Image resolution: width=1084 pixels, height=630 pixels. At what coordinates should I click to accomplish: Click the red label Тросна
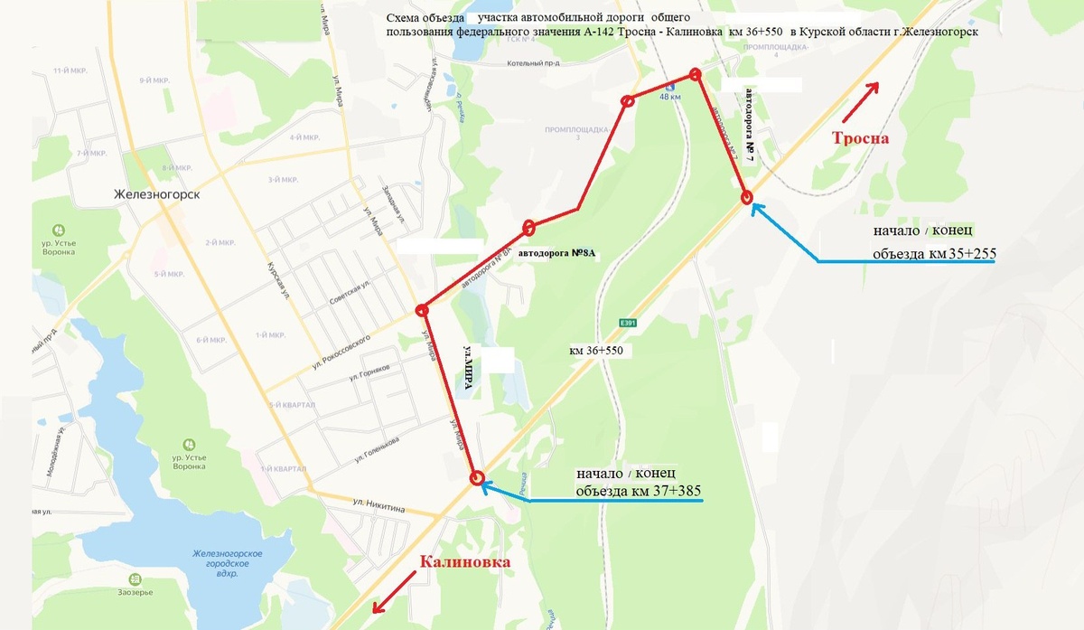tap(861, 138)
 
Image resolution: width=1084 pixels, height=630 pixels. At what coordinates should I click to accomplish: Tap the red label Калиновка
tap(464, 562)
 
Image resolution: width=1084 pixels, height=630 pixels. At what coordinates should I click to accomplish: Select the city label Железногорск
tap(156, 194)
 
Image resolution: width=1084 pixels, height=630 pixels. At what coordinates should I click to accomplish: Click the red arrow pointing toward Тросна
tap(860, 101)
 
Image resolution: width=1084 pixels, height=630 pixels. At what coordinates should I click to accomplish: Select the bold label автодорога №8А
tap(560, 254)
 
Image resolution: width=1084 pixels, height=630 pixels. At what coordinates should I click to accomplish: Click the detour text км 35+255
tap(961, 254)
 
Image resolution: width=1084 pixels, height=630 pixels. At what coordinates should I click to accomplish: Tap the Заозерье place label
tap(159, 592)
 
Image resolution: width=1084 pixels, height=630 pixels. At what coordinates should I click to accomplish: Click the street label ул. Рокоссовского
tap(342, 349)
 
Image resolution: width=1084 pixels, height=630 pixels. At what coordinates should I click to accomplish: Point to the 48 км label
tap(670, 97)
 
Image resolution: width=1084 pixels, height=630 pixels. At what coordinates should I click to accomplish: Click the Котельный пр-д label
tap(533, 63)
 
